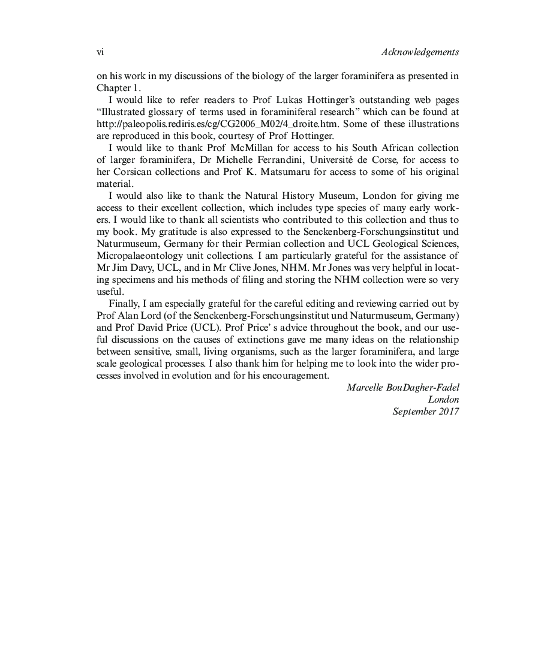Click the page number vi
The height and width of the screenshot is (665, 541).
point(100,52)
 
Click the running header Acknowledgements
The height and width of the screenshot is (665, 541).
point(420,52)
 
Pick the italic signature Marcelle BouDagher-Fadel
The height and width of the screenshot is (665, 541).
point(402,388)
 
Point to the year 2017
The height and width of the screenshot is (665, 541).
point(449,412)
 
